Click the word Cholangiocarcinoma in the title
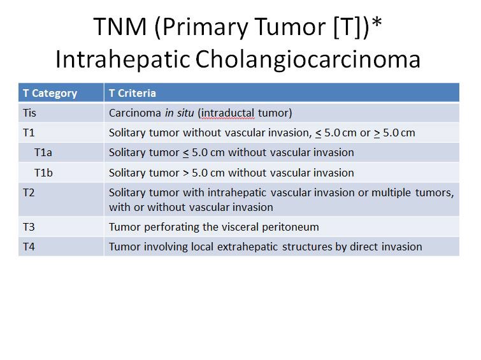308,59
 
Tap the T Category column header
50,93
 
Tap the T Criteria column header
133,93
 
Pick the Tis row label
29,113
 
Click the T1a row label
43,152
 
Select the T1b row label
43,173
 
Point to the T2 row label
29,192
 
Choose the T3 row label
29,227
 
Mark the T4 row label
29,247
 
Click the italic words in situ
180,113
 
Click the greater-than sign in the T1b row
186,173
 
